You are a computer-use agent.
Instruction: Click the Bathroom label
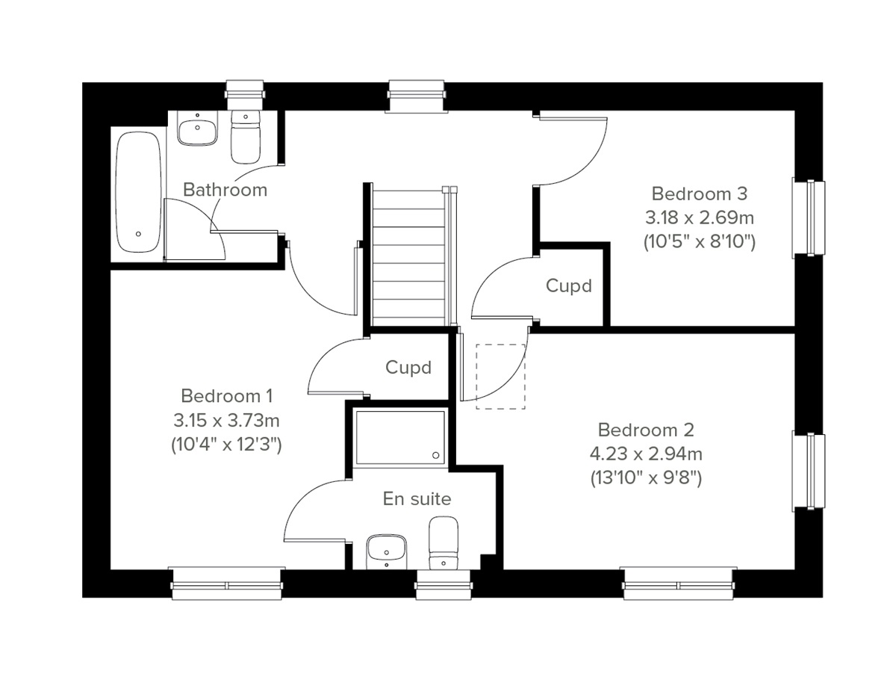(x=225, y=190)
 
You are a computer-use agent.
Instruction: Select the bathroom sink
(x=198, y=130)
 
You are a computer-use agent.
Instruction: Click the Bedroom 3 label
(x=699, y=194)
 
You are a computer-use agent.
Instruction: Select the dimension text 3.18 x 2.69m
(x=699, y=217)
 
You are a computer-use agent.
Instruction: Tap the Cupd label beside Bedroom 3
(x=569, y=285)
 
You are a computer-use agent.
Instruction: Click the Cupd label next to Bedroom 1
(x=408, y=368)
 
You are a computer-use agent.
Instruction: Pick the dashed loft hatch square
(x=501, y=376)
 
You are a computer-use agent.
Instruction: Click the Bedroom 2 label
(x=646, y=430)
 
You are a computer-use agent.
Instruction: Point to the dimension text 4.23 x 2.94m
(x=646, y=454)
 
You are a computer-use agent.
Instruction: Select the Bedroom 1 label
(x=227, y=395)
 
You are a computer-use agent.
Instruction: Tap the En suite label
(x=417, y=498)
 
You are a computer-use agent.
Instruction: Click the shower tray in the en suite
(x=400, y=437)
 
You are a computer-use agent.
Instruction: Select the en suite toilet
(x=443, y=544)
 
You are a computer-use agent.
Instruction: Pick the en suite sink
(x=387, y=551)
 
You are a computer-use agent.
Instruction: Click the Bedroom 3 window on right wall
(x=810, y=217)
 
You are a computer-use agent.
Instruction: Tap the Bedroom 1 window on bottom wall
(x=228, y=583)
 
